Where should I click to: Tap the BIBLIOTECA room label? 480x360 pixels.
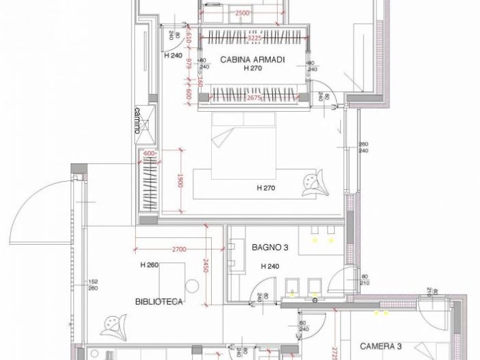[x=158, y=301]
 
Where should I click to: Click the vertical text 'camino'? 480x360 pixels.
[x=137, y=121]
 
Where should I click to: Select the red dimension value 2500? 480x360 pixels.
[x=242, y=13]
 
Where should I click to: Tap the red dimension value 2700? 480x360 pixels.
[x=180, y=249]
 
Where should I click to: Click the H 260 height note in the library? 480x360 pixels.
[x=150, y=265]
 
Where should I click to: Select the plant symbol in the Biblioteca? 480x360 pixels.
[x=113, y=324]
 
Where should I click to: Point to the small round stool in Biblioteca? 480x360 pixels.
[x=189, y=285]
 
